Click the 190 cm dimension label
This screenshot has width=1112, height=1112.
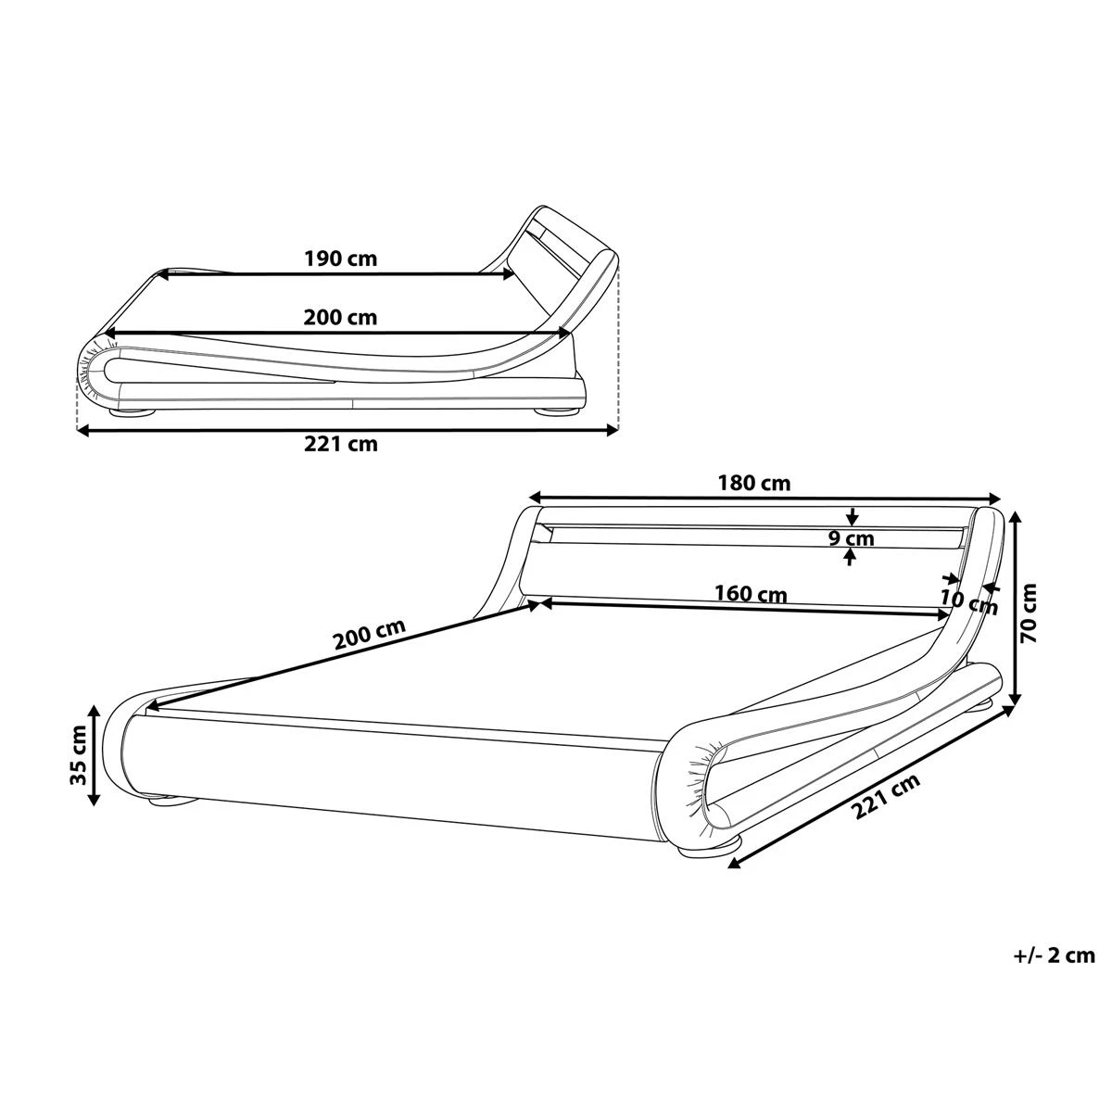(340, 259)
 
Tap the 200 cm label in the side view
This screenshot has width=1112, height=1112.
(340, 317)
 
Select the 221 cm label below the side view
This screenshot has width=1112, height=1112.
(340, 444)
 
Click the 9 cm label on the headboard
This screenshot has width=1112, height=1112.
(852, 537)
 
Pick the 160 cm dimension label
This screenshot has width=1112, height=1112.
(750, 593)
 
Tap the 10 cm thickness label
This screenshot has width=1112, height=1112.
(968, 602)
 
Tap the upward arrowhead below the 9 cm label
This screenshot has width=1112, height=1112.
(851, 557)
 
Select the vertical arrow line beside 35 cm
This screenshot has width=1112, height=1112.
(94, 754)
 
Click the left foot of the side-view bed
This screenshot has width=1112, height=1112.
(132, 411)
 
